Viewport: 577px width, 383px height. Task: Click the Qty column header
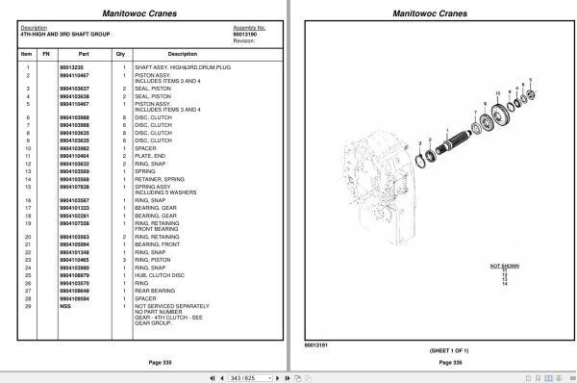coord(121,54)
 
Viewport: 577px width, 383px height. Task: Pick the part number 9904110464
coord(74,155)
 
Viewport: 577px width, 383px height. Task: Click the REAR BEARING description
coord(160,291)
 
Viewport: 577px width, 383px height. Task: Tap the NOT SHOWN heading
coord(504,263)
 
